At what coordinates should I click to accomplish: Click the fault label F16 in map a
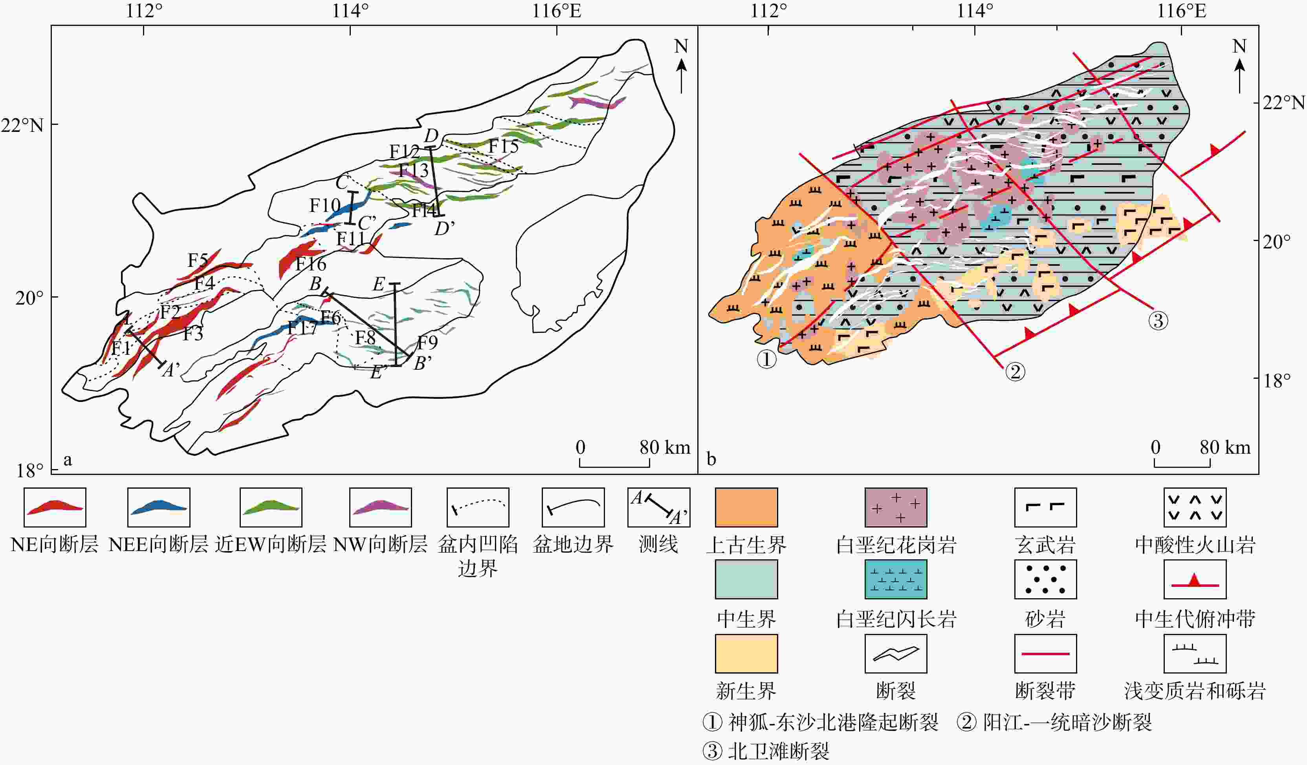tap(311, 264)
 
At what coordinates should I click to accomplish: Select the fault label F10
tap(324, 205)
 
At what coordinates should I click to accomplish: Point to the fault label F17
tap(302, 328)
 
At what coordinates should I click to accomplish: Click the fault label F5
tap(198, 260)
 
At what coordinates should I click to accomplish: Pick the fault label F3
tap(192, 334)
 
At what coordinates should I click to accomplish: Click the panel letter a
tap(68, 460)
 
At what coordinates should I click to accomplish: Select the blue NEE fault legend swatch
tap(159, 507)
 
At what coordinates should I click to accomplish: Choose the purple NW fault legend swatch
tap(381, 507)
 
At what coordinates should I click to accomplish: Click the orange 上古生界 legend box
tap(746, 507)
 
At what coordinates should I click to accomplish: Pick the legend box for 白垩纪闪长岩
tap(896, 579)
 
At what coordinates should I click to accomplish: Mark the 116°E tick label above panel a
tap(557, 11)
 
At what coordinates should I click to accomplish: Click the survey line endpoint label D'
tap(444, 228)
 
